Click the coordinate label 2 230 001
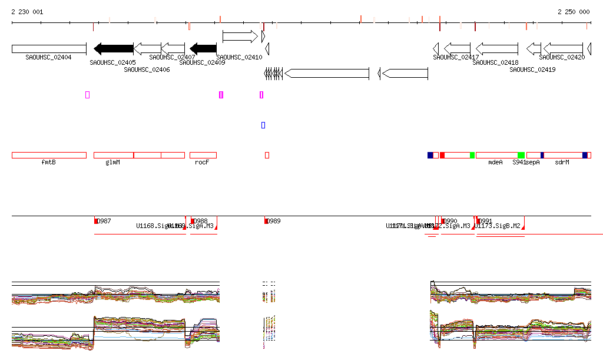27,12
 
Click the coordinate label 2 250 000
573,12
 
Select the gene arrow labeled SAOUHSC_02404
49,48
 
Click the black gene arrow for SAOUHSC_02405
114,48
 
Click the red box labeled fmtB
49,155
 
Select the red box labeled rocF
203,155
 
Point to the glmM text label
112,162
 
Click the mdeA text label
496,162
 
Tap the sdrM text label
562,162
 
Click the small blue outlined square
263,125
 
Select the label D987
104,222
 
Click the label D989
274,222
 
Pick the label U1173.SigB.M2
499,226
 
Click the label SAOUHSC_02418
495,63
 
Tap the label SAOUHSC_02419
532,70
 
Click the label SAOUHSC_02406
147,70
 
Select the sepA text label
532,162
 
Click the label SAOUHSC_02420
562,57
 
